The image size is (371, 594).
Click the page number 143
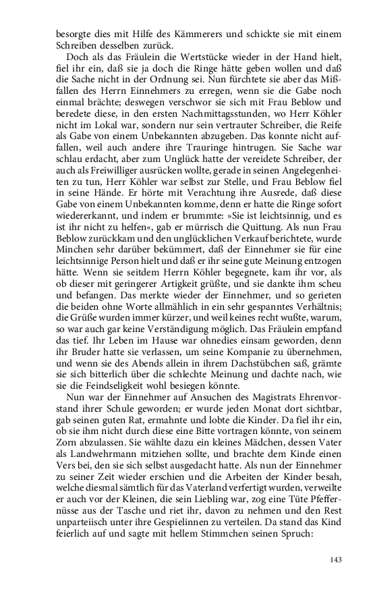pos(335,559)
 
